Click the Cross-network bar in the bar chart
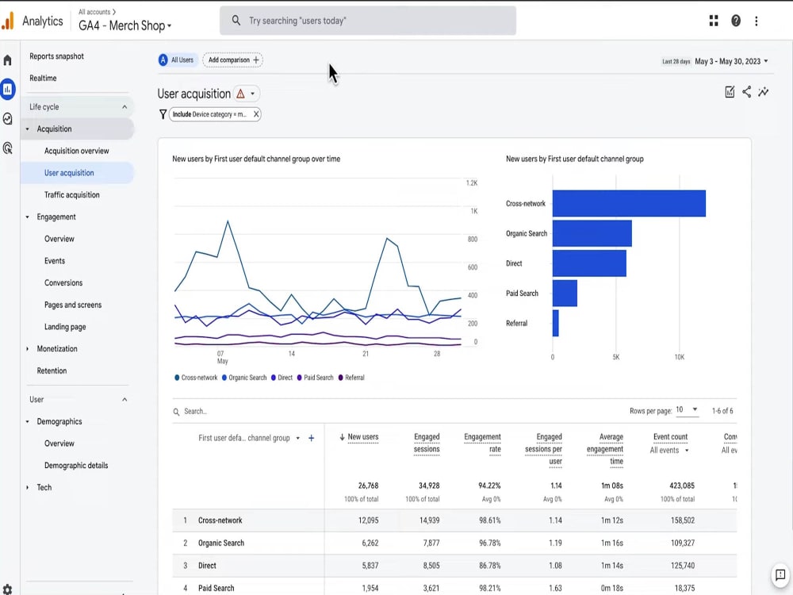pos(628,204)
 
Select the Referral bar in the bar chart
pos(556,323)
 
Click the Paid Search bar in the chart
pos(565,294)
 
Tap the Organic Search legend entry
pos(247,378)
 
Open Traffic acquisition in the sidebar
pos(72,195)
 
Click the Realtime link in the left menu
pos(43,79)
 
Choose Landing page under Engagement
pos(65,327)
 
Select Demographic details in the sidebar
pos(76,466)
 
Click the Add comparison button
pos(233,60)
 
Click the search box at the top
pos(368,21)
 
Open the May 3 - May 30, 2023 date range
pos(730,61)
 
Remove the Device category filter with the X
pos(256,114)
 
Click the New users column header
pos(362,437)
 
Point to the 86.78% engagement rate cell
pos(484,566)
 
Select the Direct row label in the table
pos(207,566)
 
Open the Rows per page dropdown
pos(687,410)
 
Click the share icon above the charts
pos(746,92)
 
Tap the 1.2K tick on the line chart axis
pos(471,183)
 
